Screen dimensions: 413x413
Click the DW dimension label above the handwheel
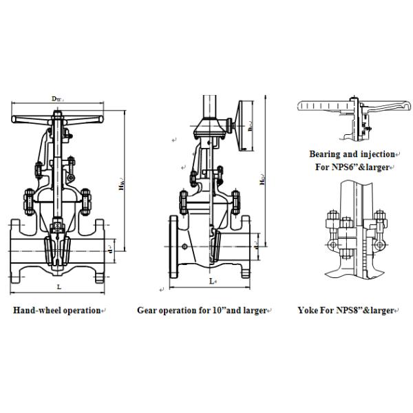tap(57, 99)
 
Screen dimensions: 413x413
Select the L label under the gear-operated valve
tap(211, 282)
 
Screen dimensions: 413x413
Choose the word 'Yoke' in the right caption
tap(308, 311)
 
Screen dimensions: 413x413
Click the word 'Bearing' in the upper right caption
tap(326, 154)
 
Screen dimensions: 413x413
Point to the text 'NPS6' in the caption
tap(341, 167)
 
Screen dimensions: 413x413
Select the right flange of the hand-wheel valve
tap(101, 248)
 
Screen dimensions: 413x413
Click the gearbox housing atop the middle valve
tap(209, 127)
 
